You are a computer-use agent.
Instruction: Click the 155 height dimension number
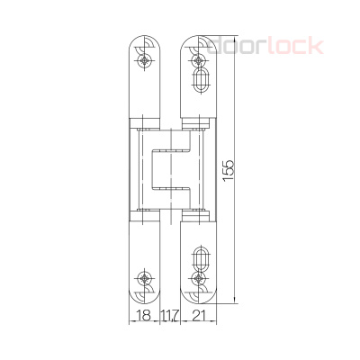pyautogui.click(x=229, y=170)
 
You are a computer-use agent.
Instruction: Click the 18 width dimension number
pyautogui.click(x=142, y=314)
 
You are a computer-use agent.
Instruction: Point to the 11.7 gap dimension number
pyautogui.click(x=169, y=314)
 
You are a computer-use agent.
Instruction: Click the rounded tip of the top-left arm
pyautogui.click(x=145, y=40)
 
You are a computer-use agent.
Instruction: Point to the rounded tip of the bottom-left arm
pyautogui.click(x=145, y=298)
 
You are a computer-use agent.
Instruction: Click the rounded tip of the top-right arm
pyautogui.click(x=198, y=40)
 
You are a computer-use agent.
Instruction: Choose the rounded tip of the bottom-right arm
pyautogui.click(x=198, y=298)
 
